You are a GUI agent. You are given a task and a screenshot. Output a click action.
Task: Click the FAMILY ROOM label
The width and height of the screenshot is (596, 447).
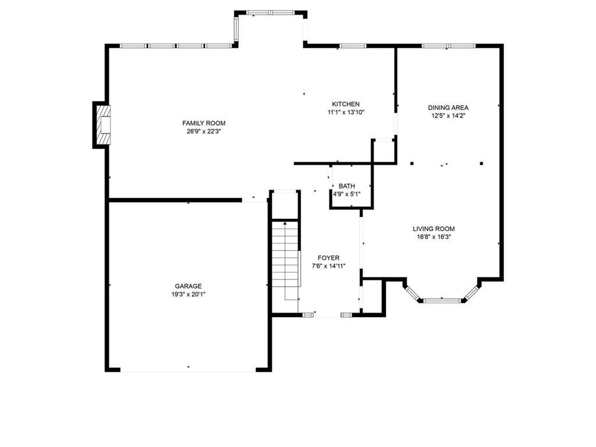pos(204,123)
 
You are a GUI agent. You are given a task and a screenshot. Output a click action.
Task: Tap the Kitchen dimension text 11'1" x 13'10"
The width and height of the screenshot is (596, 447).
pos(346,112)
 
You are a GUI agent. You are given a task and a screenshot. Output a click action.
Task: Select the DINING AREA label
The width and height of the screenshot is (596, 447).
pos(448,107)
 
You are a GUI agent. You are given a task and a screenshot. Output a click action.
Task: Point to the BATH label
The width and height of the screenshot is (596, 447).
pos(346,186)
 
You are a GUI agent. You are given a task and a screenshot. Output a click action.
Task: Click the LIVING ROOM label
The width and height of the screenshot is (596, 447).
pos(434,229)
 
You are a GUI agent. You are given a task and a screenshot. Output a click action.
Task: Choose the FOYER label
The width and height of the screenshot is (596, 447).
pos(328,258)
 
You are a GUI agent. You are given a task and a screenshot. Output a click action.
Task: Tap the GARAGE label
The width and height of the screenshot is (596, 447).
pos(188,286)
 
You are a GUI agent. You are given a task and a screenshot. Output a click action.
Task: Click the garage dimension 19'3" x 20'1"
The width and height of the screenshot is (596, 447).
pos(188,294)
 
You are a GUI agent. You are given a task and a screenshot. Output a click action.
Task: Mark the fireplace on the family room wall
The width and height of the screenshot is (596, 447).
pos(103,125)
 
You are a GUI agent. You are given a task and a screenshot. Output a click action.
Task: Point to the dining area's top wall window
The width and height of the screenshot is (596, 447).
pos(448,45)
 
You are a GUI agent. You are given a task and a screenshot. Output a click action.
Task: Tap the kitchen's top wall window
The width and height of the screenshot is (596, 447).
pos(352,45)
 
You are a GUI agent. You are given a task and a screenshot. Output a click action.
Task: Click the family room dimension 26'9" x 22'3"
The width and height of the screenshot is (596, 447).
pos(204,131)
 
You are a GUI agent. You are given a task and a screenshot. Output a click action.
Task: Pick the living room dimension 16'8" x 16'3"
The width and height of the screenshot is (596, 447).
pos(434,237)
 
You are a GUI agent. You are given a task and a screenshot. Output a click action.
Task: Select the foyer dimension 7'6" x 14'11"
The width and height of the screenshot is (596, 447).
pos(328,266)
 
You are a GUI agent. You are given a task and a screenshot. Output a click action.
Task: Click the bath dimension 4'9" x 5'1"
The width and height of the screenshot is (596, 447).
pos(346,194)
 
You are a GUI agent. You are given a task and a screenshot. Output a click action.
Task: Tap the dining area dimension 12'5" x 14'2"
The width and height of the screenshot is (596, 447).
pos(448,115)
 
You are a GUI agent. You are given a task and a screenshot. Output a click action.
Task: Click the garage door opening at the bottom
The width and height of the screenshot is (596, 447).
pos(188,370)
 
